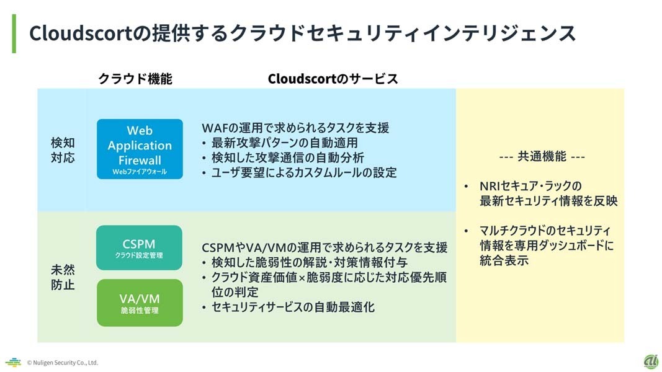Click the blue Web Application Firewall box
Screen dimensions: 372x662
pyautogui.click(x=140, y=149)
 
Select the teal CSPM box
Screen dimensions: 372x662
pyautogui.click(x=139, y=247)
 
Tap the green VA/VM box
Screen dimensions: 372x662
pyautogui.click(x=140, y=303)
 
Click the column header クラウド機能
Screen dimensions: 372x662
pyautogui.click(x=135, y=79)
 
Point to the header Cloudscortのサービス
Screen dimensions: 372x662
pyautogui.click(x=333, y=79)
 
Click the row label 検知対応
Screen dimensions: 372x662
pyautogui.click(x=62, y=150)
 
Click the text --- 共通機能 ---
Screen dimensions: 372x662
pyautogui.click(x=542, y=157)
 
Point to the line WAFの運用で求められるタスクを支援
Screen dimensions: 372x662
pyautogui.click(x=295, y=128)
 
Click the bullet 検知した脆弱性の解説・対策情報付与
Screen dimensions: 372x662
pyautogui.click(x=305, y=262)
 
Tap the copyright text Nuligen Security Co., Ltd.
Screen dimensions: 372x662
pyautogui.click(x=62, y=363)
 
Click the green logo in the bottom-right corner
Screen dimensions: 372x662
pyautogui.click(x=650, y=361)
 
